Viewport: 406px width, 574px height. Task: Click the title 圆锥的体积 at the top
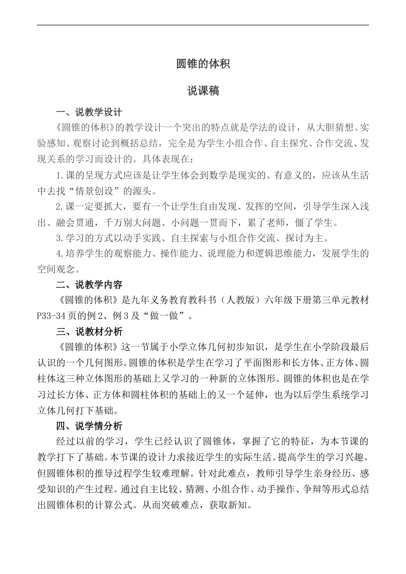click(x=203, y=64)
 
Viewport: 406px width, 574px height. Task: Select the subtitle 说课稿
click(x=203, y=91)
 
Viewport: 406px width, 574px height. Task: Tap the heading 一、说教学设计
click(x=89, y=112)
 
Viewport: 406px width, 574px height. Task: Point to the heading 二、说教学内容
click(x=89, y=284)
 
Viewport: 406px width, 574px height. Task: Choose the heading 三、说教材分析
click(x=89, y=332)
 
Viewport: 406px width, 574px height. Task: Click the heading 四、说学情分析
click(x=89, y=426)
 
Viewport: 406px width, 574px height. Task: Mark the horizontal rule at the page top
click(x=203, y=25)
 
